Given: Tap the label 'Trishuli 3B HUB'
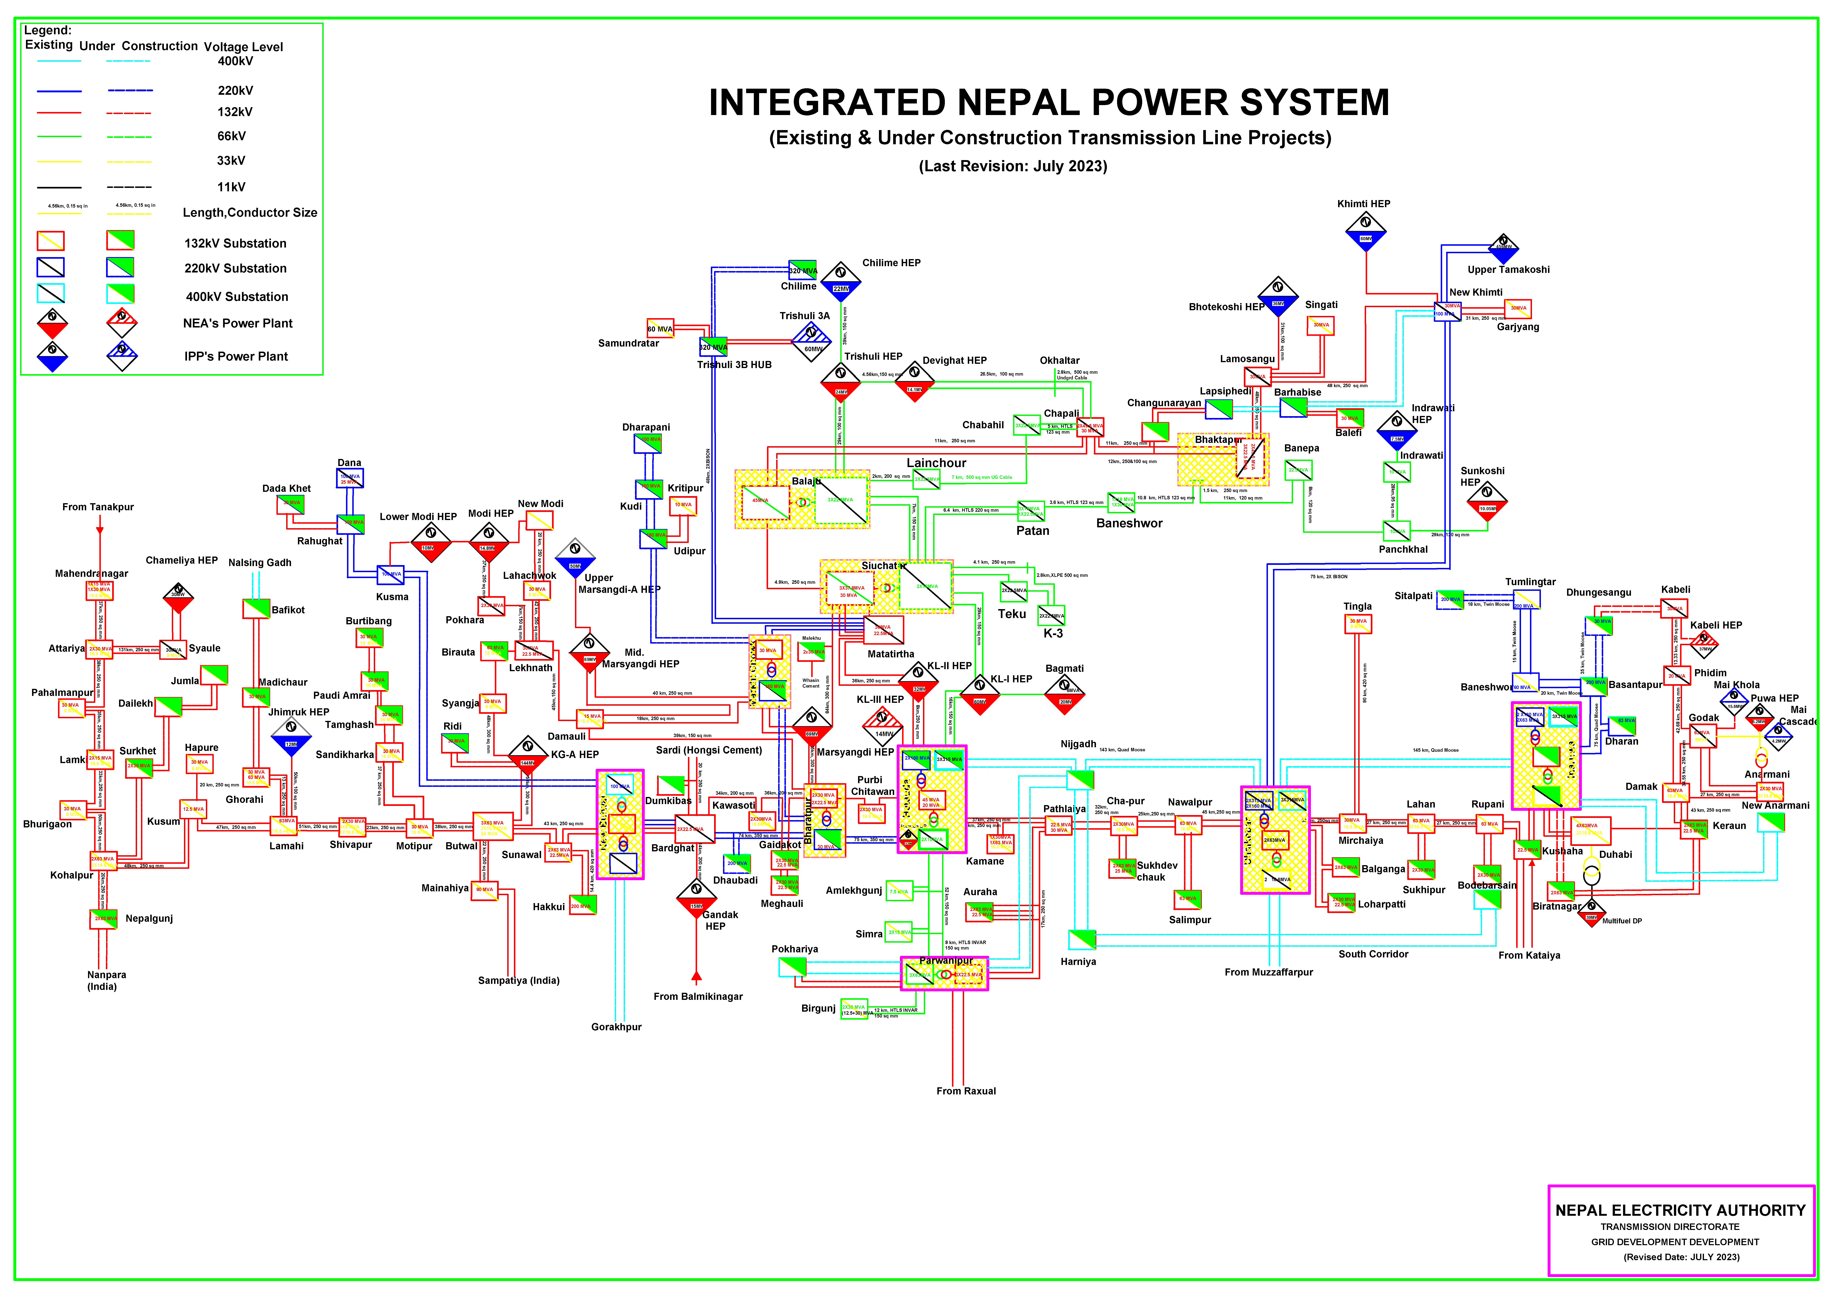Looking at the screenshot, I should pos(734,365).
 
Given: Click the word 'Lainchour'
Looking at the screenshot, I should pos(936,463).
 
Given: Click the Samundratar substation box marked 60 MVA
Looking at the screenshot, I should pos(660,329).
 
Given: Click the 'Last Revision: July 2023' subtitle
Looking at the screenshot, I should pos(1013,166).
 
